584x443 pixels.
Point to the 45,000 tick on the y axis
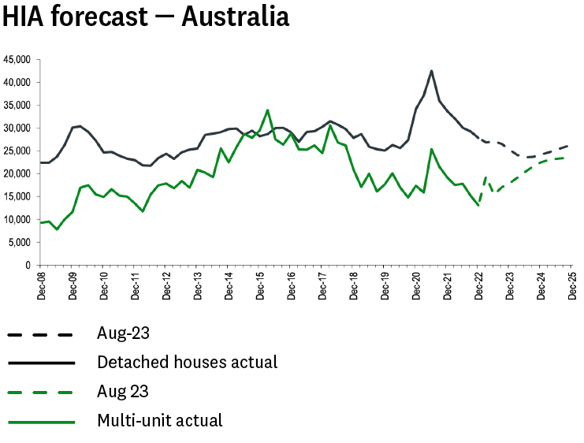(17, 60)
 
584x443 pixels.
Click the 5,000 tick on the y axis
(19, 243)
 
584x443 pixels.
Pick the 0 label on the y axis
(27, 266)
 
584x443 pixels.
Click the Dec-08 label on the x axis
(42, 285)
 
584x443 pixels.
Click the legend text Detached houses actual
(187, 363)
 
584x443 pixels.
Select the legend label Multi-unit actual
(160, 420)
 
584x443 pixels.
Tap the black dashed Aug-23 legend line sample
(41, 335)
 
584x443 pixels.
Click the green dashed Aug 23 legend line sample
(41, 392)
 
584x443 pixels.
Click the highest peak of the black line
(431, 71)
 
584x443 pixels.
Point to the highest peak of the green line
(268, 110)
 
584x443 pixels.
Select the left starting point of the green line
(41, 223)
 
